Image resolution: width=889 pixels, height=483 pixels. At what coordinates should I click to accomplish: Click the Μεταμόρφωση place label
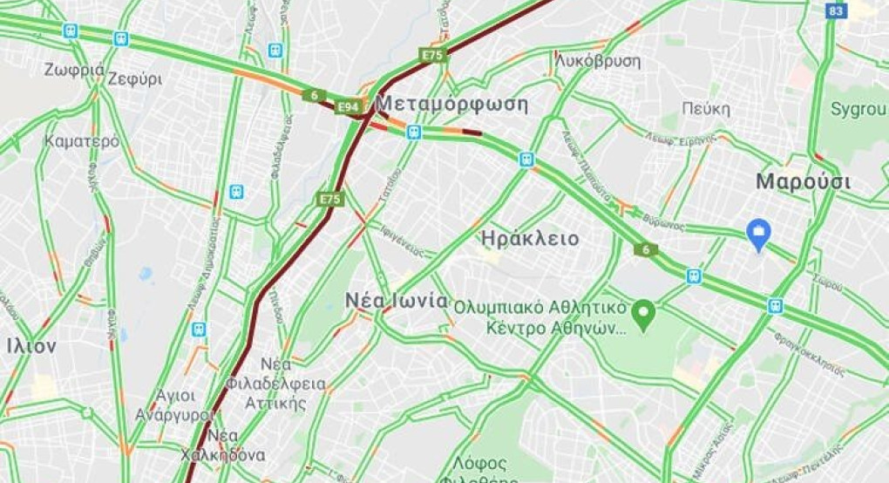[454, 105]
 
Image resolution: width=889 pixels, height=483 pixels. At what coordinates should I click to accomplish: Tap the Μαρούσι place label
[803, 182]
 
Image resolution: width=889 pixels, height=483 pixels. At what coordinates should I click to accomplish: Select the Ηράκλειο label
[529, 239]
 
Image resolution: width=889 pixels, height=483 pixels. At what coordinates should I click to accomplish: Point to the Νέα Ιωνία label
[396, 302]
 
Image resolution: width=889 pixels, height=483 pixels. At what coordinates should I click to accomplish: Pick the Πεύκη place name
[706, 109]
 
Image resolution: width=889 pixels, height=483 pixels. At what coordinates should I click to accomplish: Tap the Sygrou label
[858, 109]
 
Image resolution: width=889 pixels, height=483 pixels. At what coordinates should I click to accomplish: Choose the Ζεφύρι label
[135, 78]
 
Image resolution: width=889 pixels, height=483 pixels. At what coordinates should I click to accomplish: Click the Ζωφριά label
[74, 70]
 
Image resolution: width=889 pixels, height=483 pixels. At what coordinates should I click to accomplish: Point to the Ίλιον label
[31, 346]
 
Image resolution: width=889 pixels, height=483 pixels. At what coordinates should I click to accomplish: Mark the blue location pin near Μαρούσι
[759, 233]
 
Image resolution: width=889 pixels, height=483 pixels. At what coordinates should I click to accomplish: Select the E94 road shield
[349, 106]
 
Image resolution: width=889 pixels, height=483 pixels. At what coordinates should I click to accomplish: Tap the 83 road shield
[837, 10]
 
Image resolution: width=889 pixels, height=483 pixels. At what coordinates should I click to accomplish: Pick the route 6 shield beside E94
[314, 95]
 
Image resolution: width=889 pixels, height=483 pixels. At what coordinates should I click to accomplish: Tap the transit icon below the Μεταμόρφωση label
[414, 133]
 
